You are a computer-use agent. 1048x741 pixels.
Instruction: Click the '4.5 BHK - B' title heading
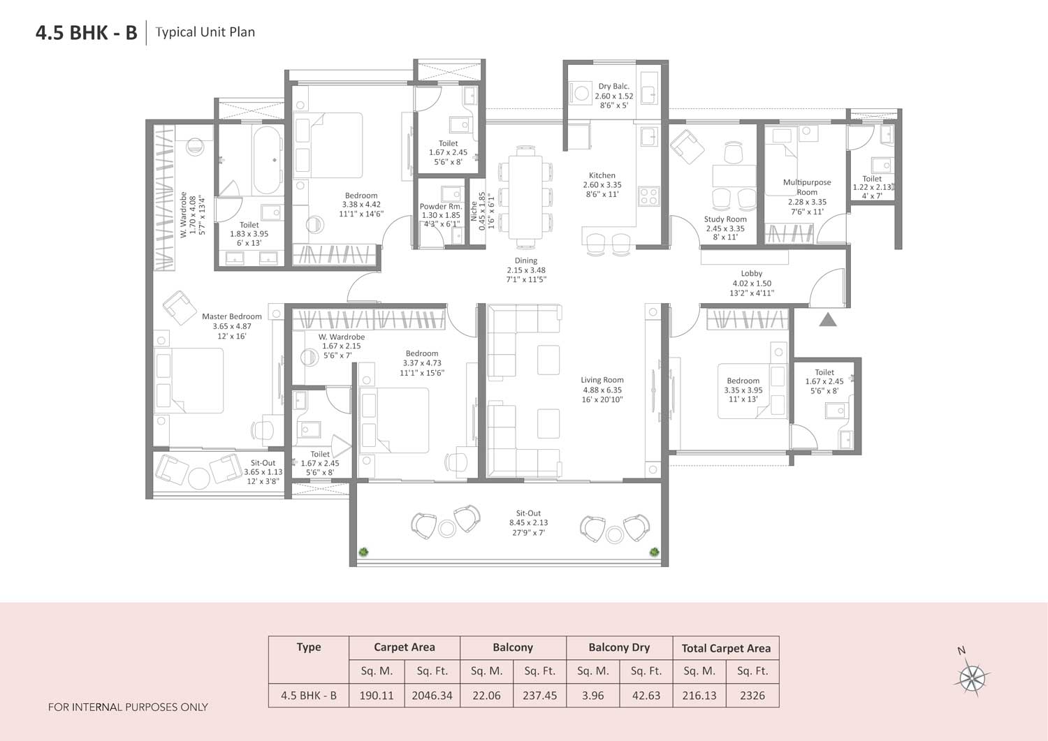[x=87, y=32]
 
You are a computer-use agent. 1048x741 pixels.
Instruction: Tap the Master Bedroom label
[x=232, y=317]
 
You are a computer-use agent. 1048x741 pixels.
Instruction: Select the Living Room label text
[x=602, y=381]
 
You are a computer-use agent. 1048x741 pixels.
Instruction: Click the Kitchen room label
[x=602, y=176]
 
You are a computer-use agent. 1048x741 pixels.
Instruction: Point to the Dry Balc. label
[x=613, y=87]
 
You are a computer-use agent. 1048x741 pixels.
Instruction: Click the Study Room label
[x=725, y=219]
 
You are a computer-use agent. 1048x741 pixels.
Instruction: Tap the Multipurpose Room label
[x=807, y=187]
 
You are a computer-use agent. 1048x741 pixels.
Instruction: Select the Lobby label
[x=752, y=274]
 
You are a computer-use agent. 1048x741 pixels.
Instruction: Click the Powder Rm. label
[x=441, y=207]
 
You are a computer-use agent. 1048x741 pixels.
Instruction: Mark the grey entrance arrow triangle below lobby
[x=828, y=321]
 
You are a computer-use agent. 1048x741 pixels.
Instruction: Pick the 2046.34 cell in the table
[x=432, y=696]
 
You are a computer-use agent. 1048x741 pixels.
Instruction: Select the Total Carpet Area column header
[x=726, y=648]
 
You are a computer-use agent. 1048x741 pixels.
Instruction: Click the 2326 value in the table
[x=752, y=696]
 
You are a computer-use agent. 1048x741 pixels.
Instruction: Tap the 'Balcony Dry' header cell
[x=619, y=647]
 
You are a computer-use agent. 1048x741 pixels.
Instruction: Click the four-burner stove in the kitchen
[x=649, y=196]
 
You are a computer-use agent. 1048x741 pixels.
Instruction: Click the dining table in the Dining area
[x=525, y=197]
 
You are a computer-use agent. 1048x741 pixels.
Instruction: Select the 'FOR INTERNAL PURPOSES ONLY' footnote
[x=128, y=707]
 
